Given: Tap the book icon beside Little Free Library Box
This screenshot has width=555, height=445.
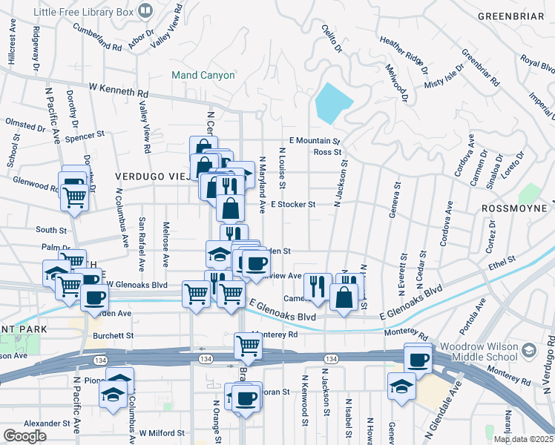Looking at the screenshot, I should [145, 10].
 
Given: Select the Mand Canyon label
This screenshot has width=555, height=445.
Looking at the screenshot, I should [203, 75].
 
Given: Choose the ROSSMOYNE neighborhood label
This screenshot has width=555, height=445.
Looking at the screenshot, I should [516, 208].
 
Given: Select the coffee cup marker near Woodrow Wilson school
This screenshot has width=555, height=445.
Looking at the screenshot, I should [418, 360].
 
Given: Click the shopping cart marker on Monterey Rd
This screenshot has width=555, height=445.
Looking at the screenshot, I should [248, 345].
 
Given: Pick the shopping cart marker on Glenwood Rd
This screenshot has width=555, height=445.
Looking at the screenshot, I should [75, 197].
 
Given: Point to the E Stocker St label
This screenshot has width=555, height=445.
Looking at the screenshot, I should [293, 204].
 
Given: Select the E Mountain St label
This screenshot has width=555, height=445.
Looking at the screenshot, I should [314, 140].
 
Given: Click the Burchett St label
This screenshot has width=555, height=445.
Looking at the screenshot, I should [113, 335].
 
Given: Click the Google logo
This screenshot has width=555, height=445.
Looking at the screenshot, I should [24, 436].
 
